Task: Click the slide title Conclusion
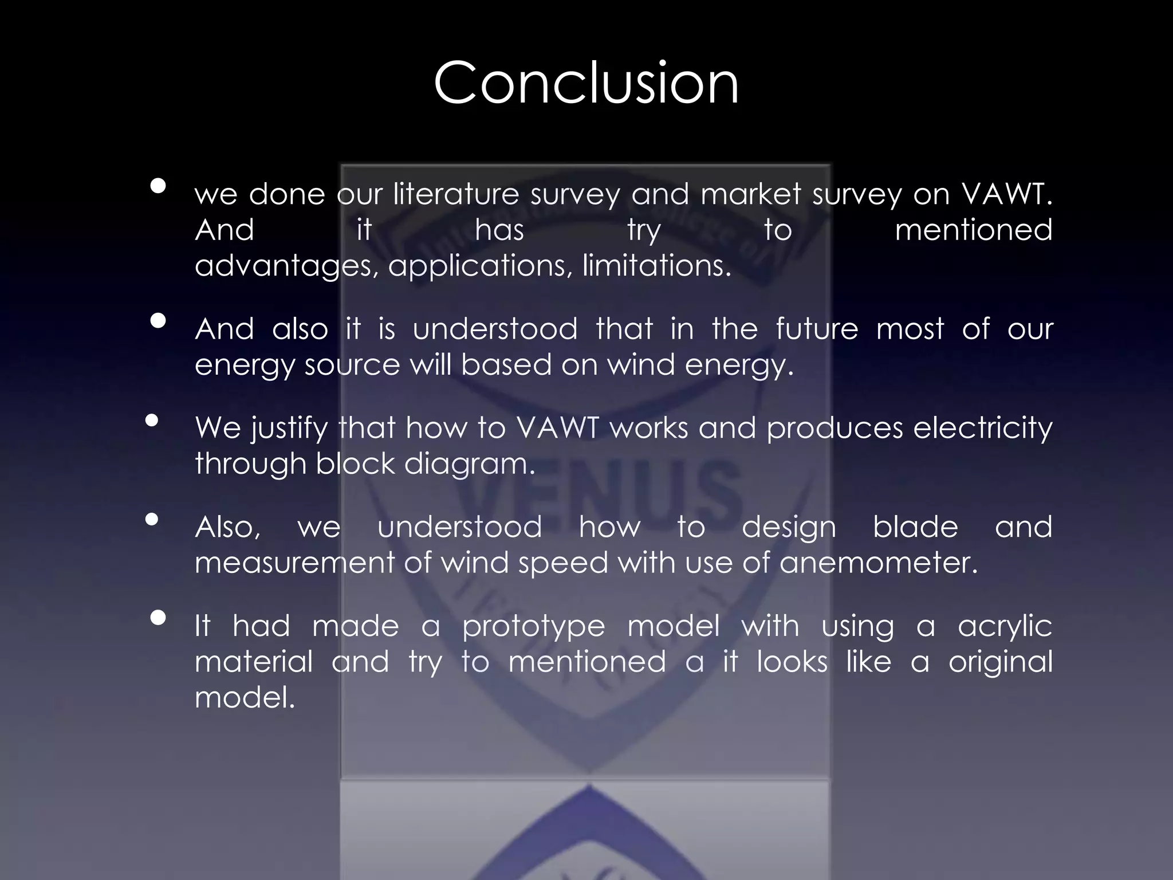586,83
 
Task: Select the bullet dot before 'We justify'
152,421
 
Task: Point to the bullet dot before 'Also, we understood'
152,520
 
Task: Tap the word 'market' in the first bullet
750,194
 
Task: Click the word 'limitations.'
657,265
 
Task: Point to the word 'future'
817,329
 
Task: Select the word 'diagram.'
469,464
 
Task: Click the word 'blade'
915,527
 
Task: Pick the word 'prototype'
533,626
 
